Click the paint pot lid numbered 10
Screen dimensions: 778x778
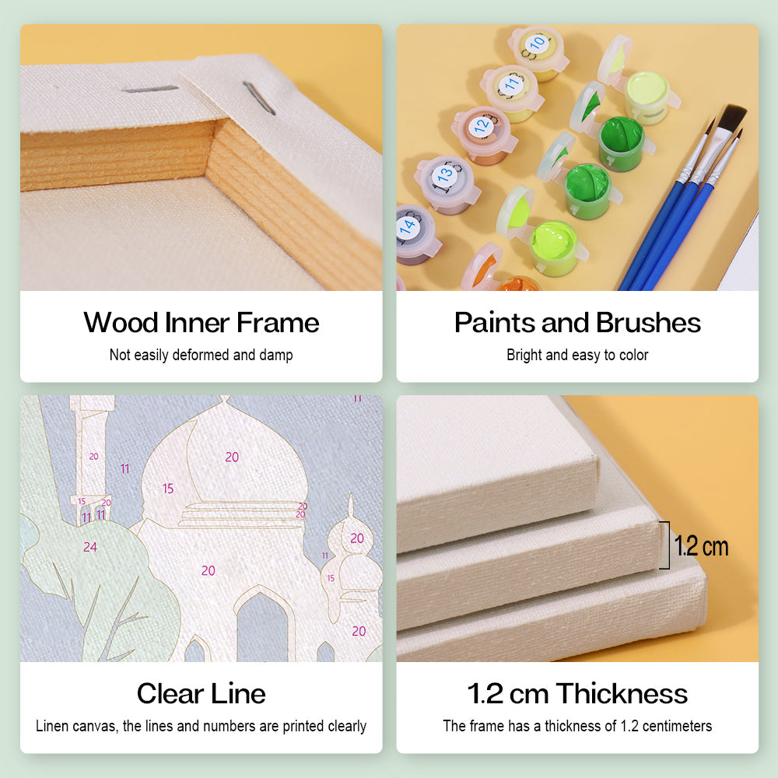[x=535, y=46]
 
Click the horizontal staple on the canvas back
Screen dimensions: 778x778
[x=150, y=89]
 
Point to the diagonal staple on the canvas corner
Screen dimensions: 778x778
[x=258, y=98]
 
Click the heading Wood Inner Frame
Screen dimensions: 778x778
[x=201, y=323]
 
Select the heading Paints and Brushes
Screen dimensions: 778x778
[x=577, y=323]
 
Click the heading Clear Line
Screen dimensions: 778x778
[x=201, y=694]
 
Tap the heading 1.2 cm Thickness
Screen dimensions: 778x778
[x=577, y=694]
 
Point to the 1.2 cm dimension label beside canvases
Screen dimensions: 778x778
[x=701, y=547]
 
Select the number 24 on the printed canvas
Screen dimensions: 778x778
[x=89, y=547]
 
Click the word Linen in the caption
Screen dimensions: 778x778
[x=52, y=727]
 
